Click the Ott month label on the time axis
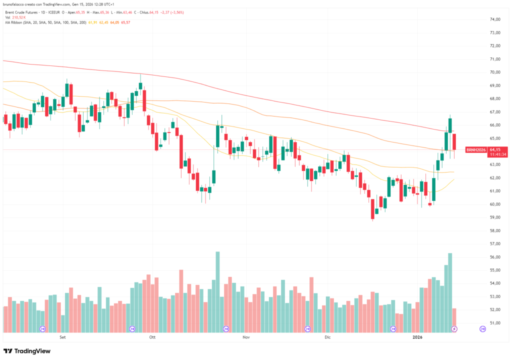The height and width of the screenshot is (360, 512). pos(152,337)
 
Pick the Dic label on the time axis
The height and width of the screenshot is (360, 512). pos(327,337)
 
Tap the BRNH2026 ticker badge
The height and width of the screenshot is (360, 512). pos(475,149)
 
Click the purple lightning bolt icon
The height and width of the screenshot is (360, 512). pos(454,328)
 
